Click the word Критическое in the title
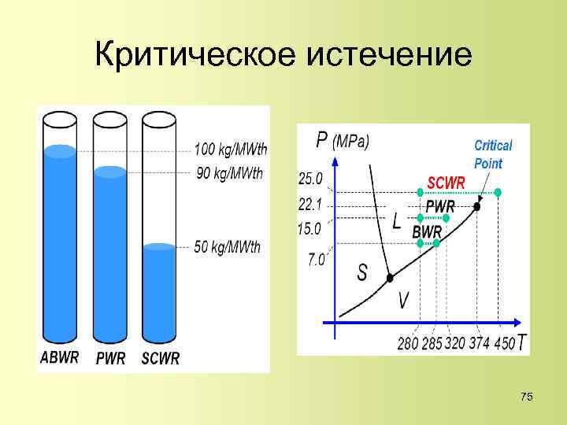pos(192,56)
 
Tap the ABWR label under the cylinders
pos(60,358)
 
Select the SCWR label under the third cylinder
pos(161,358)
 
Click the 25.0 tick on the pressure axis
pos(311,179)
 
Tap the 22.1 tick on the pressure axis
pos(311,205)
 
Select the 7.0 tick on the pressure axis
pos(316,259)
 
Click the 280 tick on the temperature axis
pos(408,343)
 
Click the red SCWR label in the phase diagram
pos(446,181)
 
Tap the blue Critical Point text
pos(493,154)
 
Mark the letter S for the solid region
pos(362,272)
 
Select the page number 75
pos(527,397)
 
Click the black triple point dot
pos(390,278)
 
